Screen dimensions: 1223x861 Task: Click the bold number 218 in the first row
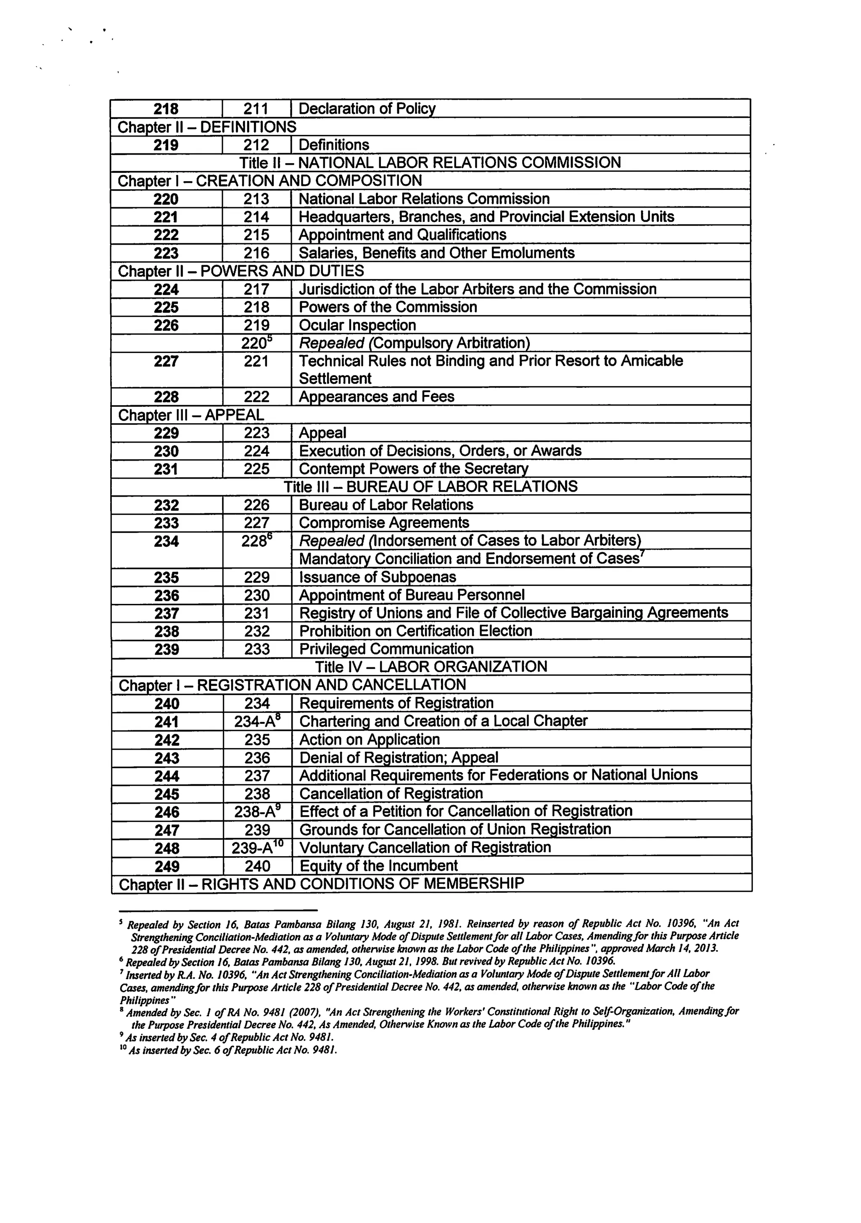pyautogui.click(x=166, y=109)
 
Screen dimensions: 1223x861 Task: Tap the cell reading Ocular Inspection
pyautogui.click(x=357, y=325)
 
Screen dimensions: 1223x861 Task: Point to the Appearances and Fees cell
pyautogui.click(x=376, y=396)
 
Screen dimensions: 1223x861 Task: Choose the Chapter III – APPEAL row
pyautogui.click(x=191, y=414)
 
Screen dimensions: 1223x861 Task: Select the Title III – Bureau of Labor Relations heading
pyautogui.click(x=430, y=486)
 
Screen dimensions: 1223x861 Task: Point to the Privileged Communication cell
pyautogui.click(x=386, y=649)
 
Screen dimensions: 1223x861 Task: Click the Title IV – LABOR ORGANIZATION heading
pyautogui.click(x=430, y=667)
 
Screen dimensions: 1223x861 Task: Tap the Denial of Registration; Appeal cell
pyautogui.click(x=399, y=757)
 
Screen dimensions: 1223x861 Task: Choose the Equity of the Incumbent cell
pyautogui.click(x=378, y=866)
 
